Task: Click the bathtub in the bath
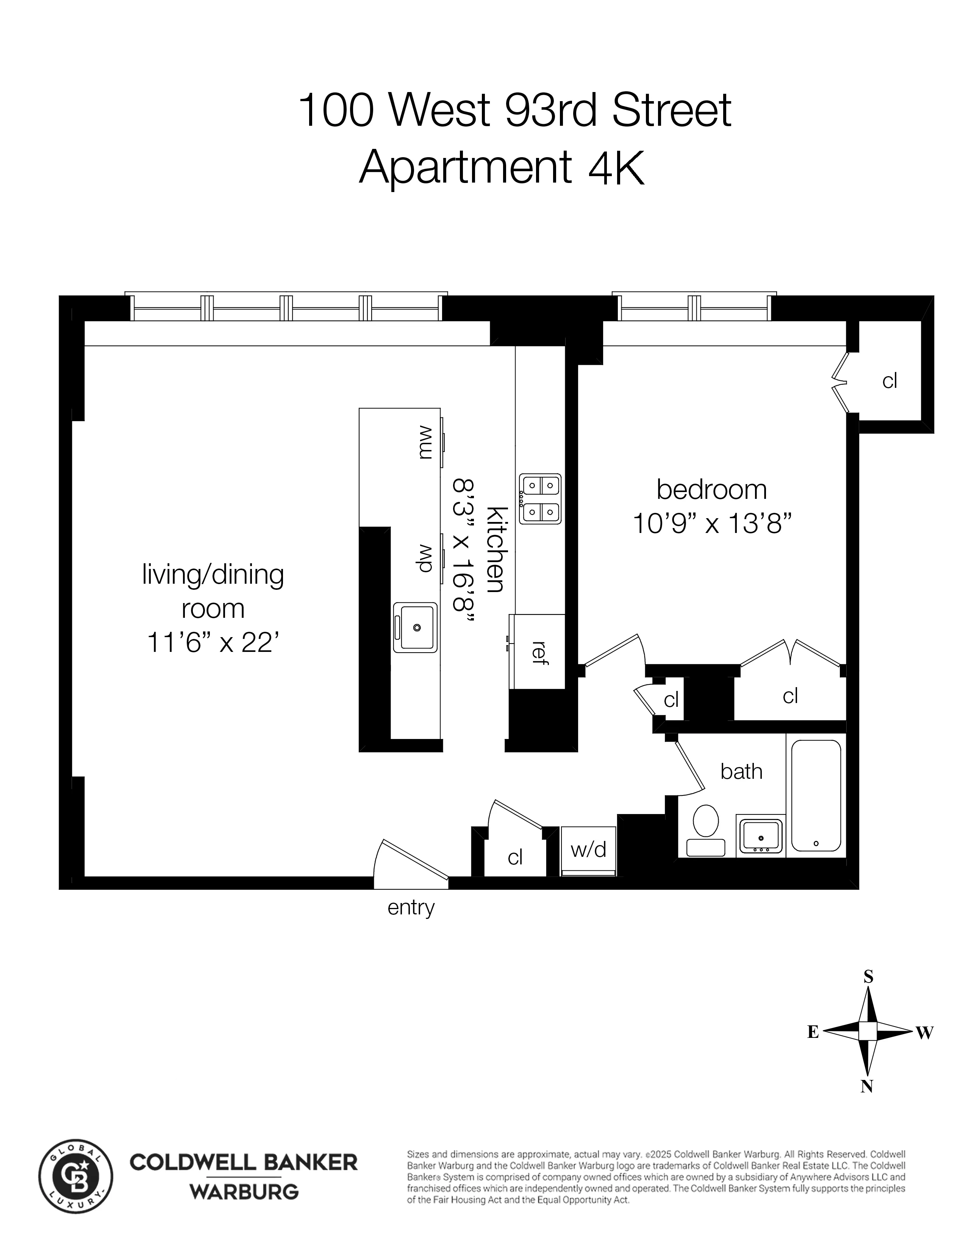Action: click(816, 795)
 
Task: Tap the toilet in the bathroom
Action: click(706, 830)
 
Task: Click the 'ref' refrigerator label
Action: click(538, 653)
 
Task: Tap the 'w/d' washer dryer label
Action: click(588, 849)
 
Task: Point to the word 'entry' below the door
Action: click(411, 908)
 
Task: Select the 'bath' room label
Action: click(741, 772)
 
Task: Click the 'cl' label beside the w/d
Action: click(515, 857)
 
